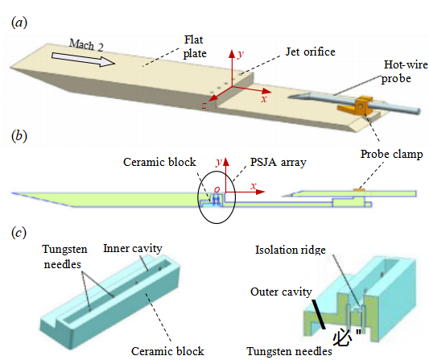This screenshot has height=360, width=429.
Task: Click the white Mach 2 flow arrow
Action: [x=83, y=60]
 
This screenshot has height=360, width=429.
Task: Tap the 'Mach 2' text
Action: [x=86, y=44]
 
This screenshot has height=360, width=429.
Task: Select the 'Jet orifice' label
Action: [x=311, y=52]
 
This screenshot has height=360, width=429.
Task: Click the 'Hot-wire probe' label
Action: [x=404, y=72]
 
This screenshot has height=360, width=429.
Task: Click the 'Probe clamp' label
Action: [x=391, y=154]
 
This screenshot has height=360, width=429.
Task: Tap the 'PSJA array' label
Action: [x=278, y=162]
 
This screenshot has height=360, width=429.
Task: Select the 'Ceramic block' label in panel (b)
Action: [x=159, y=162]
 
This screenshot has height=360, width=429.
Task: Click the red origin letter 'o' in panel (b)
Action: [x=217, y=189]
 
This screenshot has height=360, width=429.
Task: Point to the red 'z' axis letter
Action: [x=204, y=106]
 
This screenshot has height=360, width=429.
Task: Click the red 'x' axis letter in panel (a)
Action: [x=264, y=99]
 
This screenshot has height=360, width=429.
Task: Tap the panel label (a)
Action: [x=19, y=23]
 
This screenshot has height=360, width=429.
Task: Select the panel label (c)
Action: [x=19, y=233]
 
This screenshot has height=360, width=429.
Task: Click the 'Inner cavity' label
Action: [x=133, y=249]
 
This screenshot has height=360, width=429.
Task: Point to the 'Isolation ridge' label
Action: [x=291, y=250]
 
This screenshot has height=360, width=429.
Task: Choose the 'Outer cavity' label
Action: [x=281, y=292]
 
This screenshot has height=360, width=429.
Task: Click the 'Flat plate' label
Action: [x=194, y=47]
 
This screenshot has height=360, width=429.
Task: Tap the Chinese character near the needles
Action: [x=342, y=337]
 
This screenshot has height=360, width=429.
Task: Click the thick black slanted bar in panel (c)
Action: [x=319, y=314]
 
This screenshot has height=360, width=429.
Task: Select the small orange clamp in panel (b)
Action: [x=359, y=189]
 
